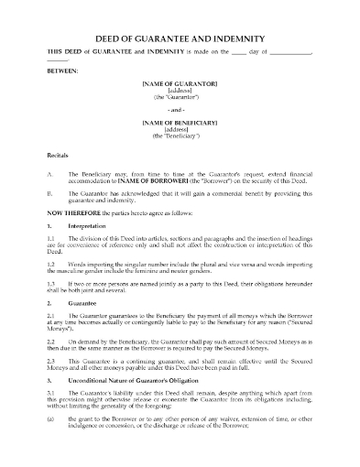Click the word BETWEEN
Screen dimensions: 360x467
click(x=62, y=70)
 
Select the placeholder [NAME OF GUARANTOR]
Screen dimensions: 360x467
click(x=180, y=84)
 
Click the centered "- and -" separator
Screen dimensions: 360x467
click(x=180, y=109)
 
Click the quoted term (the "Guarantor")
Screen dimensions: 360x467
click(x=180, y=96)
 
